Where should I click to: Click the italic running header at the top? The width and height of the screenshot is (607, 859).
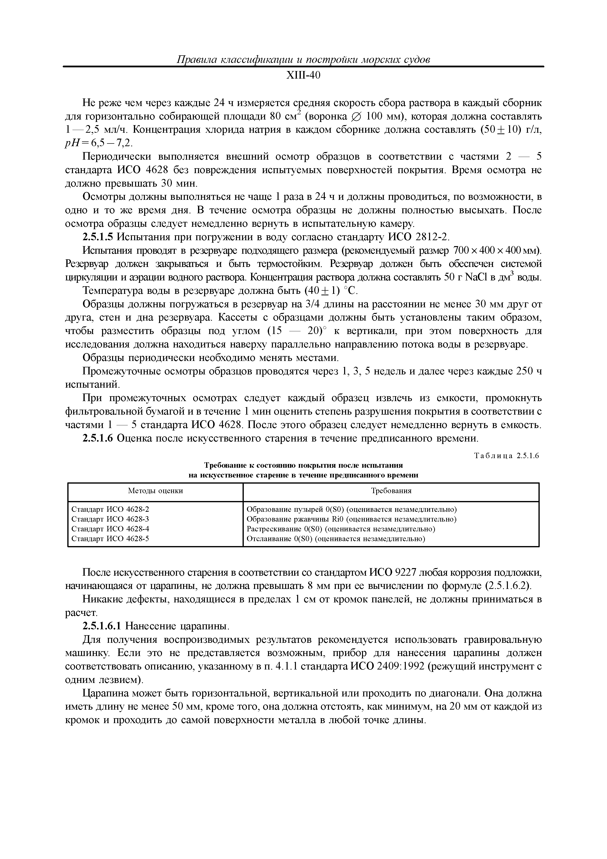click(x=303, y=60)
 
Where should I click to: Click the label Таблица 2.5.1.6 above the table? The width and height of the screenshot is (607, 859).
click(x=506, y=456)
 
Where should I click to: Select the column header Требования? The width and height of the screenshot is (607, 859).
click(x=391, y=491)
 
